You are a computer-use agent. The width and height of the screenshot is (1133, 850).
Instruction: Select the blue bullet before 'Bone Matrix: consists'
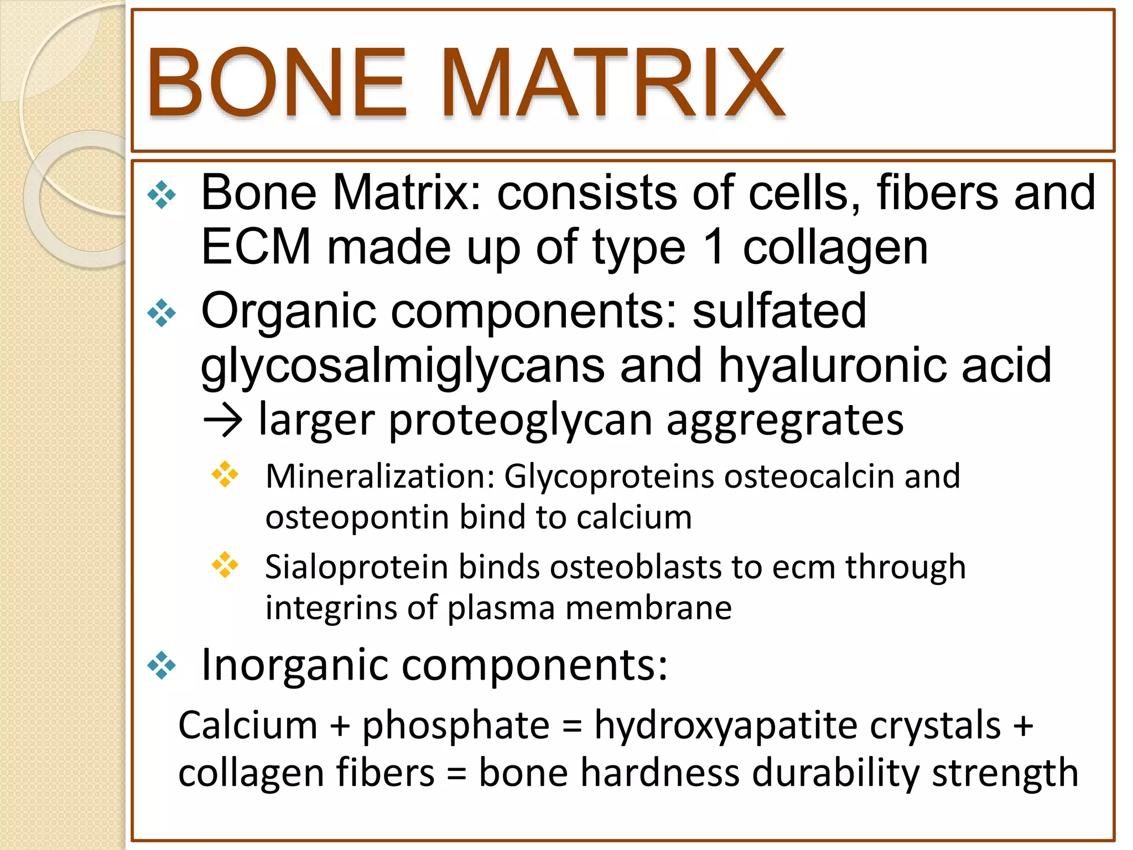click(x=162, y=195)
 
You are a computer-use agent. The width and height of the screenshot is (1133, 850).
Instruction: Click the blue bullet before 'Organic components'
click(x=162, y=313)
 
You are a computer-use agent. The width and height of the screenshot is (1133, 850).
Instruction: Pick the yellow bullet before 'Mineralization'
click(x=225, y=474)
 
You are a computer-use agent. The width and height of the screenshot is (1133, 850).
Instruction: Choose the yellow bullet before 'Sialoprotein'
click(x=225, y=564)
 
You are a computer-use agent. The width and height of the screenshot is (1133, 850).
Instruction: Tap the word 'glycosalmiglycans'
click(x=402, y=366)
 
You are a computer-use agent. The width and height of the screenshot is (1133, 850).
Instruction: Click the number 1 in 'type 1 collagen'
click(x=714, y=247)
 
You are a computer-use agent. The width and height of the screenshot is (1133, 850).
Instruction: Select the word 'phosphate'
click(x=456, y=725)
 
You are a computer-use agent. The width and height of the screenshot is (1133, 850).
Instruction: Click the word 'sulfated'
click(x=779, y=310)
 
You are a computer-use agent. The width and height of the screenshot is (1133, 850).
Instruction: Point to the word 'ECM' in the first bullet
click(x=256, y=247)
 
